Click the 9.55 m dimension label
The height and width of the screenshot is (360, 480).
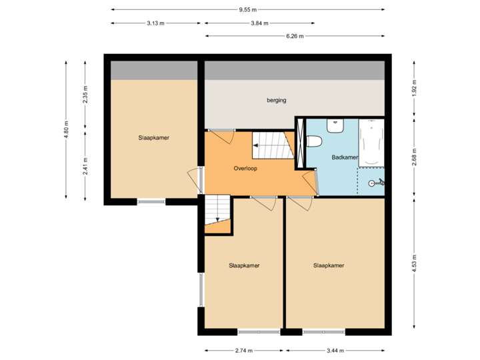[248, 9]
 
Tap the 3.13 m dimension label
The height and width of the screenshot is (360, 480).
[155, 23]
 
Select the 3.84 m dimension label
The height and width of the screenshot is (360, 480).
[259, 23]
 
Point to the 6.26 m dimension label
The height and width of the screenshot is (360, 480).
[295, 36]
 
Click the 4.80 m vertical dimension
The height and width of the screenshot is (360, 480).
[66, 129]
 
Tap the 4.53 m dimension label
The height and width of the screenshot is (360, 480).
[414, 259]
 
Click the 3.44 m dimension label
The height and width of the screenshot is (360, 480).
[335, 350]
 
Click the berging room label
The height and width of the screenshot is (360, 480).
[276, 101]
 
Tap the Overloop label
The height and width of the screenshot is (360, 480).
[245, 169]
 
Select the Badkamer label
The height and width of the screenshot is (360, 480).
[345, 158]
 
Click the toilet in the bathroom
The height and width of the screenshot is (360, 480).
[314, 141]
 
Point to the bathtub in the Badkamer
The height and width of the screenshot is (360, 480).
[371, 143]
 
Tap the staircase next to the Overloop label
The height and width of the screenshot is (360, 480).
[273, 145]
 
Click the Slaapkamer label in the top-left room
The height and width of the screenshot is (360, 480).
[153, 138]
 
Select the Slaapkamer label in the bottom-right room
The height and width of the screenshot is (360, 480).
[329, 265]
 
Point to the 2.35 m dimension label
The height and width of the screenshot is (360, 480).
[85, 95]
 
